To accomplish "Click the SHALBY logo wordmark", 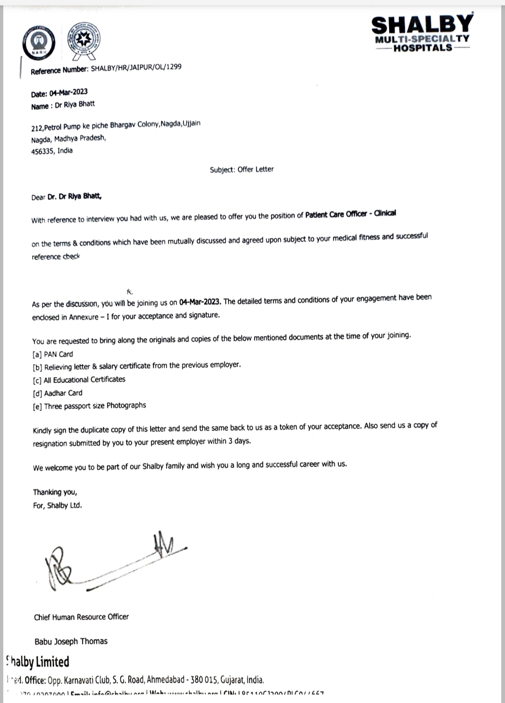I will [422, 24].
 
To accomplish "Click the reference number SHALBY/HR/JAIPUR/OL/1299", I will [136, 68].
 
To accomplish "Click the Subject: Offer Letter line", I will [242, 170].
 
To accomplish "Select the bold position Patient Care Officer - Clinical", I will [350, 214].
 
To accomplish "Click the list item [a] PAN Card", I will [53, 354].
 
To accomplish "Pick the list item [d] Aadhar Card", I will [58, 393].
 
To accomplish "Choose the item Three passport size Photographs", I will [95, 406].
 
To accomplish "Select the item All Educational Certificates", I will [84, 380].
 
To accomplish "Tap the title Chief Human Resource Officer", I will [81, 617].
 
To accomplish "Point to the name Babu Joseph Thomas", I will [71, 641].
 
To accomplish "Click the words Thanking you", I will [55, 492].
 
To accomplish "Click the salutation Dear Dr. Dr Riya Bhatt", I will [66, 197].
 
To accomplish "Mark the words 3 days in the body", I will [239, 441].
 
